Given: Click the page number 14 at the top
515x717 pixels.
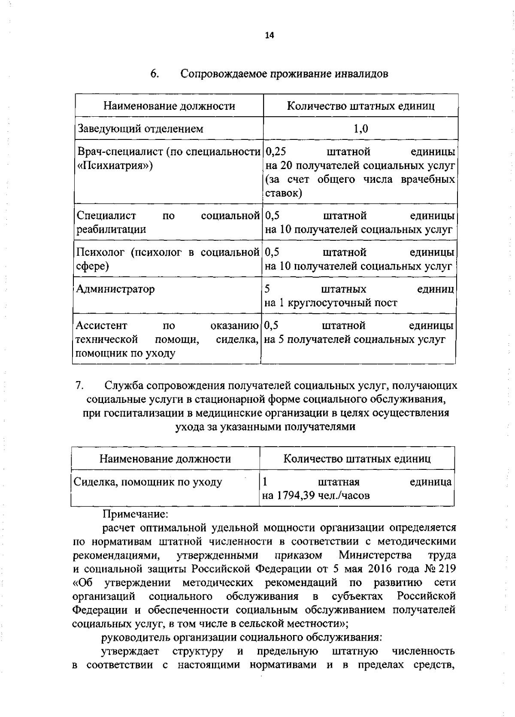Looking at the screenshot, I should pos(270,36).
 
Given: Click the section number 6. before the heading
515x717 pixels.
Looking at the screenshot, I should pos(155,74).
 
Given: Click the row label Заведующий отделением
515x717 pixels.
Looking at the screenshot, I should pos(140,129).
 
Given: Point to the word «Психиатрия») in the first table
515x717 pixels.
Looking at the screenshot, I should pos(115,166).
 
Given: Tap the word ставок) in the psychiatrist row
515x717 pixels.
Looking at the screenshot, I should pos(284,193).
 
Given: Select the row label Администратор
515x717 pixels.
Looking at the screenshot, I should pos(115,289).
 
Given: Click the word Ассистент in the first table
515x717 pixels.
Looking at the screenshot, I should pos(101,326).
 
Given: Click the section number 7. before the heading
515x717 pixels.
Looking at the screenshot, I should pos(79,385).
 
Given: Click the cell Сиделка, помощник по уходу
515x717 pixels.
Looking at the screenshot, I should pos(148,482).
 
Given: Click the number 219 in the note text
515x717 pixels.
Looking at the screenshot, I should pos(446,569).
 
